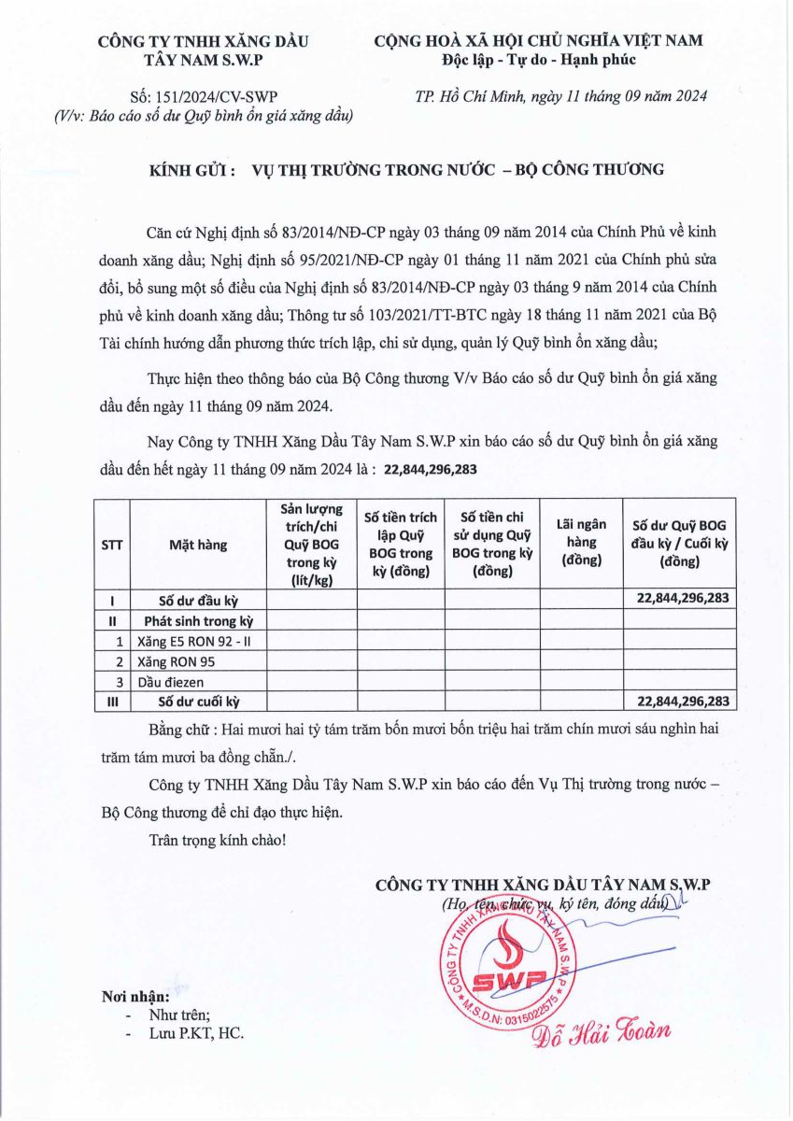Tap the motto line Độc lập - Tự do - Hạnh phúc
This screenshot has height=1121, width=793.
pos(539,60)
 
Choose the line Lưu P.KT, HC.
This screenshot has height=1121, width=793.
pos(197,1033)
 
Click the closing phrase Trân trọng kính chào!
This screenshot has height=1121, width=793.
pos(218,840)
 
